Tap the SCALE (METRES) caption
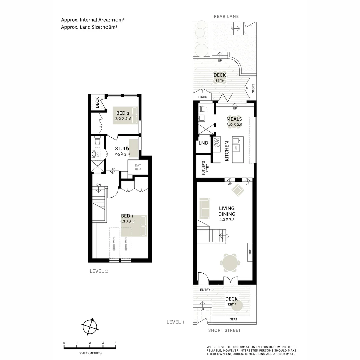point(90,353)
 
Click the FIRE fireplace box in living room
point(250,252)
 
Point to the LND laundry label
point(203,143)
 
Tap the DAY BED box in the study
point(138,167)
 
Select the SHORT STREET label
point(224,330)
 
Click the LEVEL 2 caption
point(99,271)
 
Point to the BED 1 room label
point(127,216)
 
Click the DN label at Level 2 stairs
point(99,185)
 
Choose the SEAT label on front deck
point(234,319)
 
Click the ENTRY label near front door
point(205,290)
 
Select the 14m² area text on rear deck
point(220,80)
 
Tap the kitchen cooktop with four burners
point(217,142)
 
